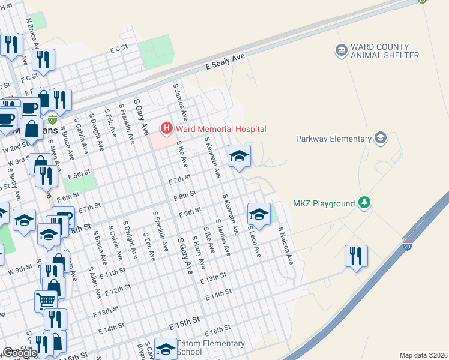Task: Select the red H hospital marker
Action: (x=166, y=128)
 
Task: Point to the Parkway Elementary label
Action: (x=334, y=139)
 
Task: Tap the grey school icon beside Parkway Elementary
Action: (x=379, y=139)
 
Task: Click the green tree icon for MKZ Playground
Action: (x=364, y=203)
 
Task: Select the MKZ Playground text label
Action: (x=324, y=203)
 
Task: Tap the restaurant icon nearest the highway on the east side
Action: (x=356, y=256)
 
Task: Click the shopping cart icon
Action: (x=46, y=301)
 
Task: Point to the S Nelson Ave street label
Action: (x=285, y=245)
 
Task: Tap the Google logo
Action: (x=20, y=353)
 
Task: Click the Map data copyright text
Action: (x=424, y=355)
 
